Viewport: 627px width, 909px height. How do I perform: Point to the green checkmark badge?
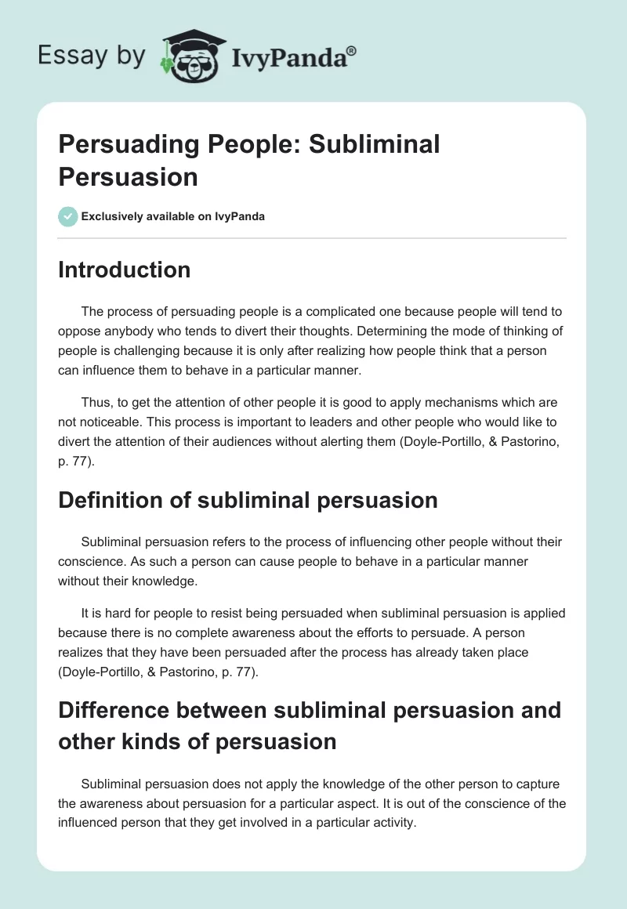(x=68, y=216)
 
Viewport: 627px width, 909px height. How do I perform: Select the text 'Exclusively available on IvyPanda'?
(x=173, y=216)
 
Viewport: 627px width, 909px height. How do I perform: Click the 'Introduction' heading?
(x=125, y=270)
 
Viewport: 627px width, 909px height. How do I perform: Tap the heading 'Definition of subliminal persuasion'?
(x=248, y=500)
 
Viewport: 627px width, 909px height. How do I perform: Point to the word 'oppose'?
(x=83, y=331)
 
